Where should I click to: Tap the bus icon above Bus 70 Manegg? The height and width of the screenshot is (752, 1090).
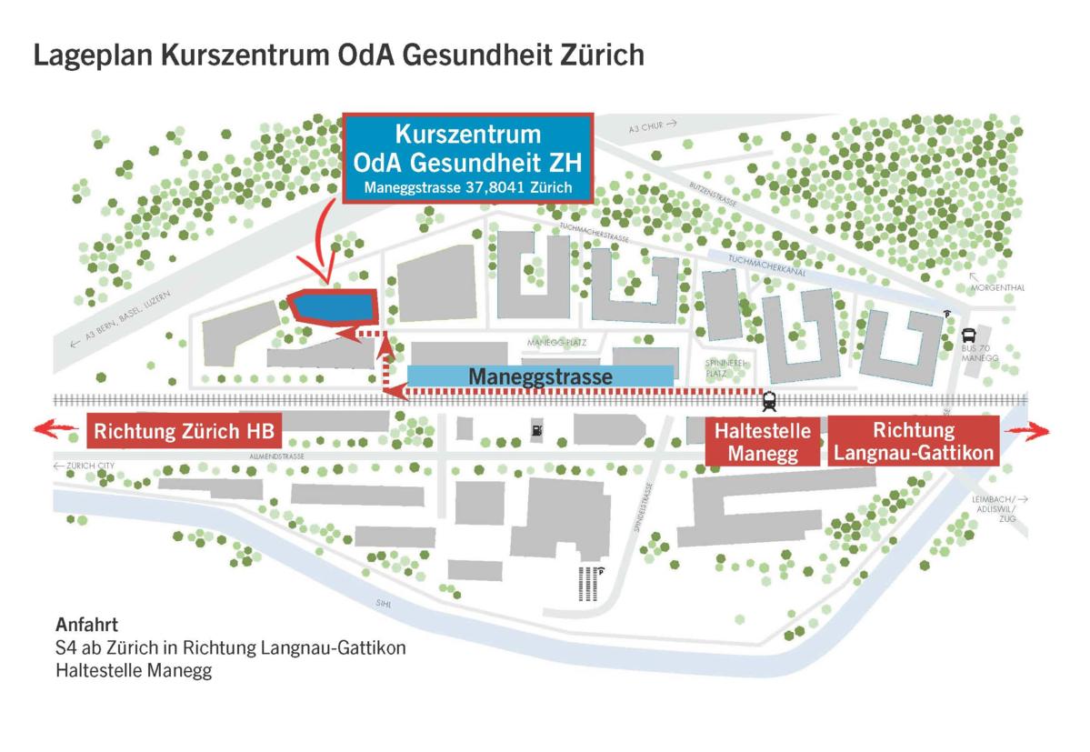(969, 335)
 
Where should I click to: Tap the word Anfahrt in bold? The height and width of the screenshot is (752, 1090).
(87, 626)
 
